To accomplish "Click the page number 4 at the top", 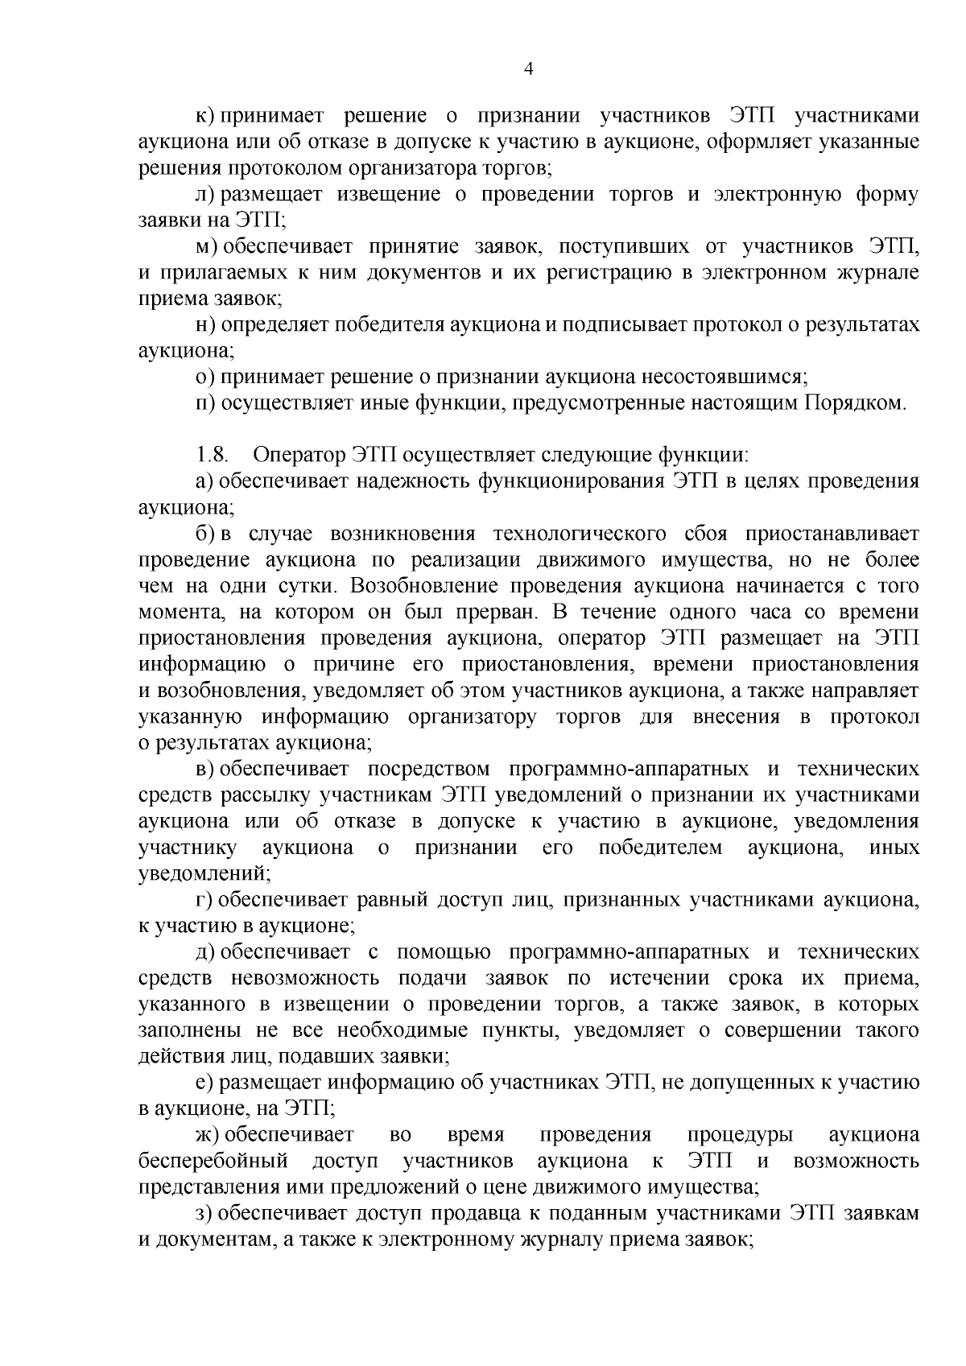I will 528,70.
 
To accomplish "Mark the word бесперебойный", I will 213,1161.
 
